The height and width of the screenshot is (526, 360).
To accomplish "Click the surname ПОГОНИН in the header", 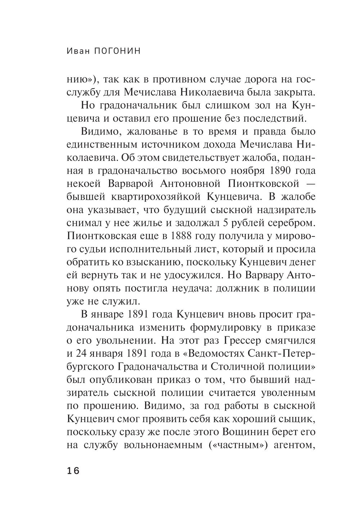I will point(116,51).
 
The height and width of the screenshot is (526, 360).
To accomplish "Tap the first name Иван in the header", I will point(78,51).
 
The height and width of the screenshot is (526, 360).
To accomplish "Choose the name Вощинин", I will point(249,431).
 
